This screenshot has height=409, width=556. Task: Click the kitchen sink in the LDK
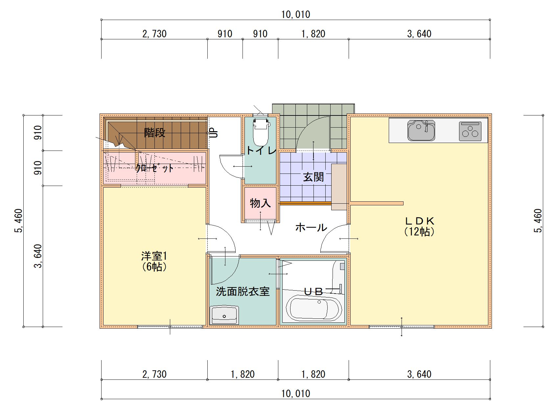click(421, 130)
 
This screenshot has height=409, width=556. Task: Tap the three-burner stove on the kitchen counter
click(470, 131)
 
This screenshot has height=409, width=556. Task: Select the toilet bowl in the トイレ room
click(261, 133)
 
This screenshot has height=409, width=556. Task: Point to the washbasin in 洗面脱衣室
click(224, 315)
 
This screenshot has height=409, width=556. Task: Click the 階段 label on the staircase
click(154, 133)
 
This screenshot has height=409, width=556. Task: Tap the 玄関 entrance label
click(313, 177)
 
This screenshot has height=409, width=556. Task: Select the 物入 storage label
click(260, 203)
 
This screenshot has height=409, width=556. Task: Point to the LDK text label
click(419, 221)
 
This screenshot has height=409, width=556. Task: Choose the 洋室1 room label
click(154, 256)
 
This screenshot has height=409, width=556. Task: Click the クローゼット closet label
click(154, 168)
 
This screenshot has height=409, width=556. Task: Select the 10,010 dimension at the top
click(295, 15)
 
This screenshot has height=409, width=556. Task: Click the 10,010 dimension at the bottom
click(295, 394)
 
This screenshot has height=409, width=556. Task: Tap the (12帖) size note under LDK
click(419, 232)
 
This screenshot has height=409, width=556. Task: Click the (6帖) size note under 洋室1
click(154, 267)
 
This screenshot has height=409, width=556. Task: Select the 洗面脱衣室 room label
click(243, 292)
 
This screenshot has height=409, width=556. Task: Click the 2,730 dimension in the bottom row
click(154, 374)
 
